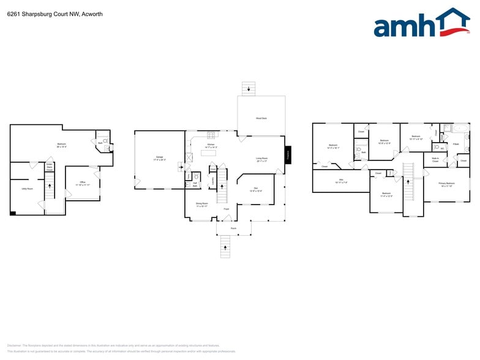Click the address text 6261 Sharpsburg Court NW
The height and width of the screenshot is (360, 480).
tap(37, 13)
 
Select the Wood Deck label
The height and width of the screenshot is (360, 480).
tap(261, 118)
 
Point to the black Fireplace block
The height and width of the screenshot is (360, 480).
tap(288, 155)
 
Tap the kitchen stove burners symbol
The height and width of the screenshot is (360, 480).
tap(212, 135)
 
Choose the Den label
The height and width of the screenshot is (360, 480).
tap(256, 190)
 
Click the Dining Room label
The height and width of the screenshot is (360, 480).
tap(202, 204)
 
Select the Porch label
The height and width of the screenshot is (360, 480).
tap(233, 228)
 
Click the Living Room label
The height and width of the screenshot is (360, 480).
tap(262, 159)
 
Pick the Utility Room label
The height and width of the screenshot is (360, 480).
tap(27, 189)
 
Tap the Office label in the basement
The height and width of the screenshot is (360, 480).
tap(82, 183)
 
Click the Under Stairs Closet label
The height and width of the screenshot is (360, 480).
tap(50, 166)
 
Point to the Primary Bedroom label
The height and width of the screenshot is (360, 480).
tap(446, 184)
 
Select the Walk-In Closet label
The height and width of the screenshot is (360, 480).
tap(435, 160)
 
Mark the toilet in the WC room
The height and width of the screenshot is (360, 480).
tap(435, 148)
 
